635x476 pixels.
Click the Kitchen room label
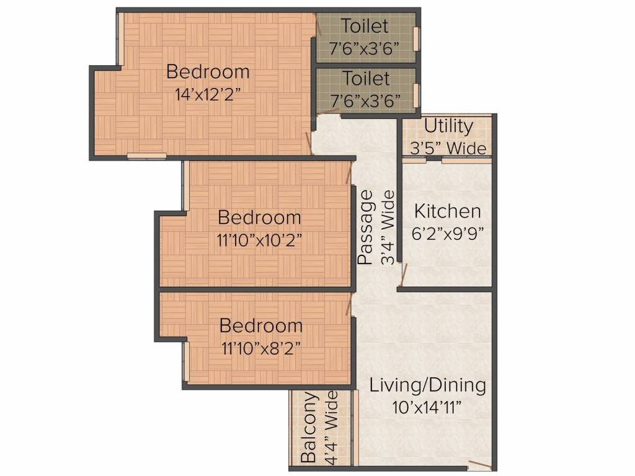pos(447,211)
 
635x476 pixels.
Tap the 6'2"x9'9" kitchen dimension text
pos(447,233)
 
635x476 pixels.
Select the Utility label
pos(448,126)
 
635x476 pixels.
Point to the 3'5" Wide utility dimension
pos(448,148)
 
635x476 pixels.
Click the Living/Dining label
pos(427,385)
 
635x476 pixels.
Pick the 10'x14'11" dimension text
pos(427,407)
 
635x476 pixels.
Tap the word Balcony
pos(308,428)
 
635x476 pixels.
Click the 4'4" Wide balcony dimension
pos(331,428)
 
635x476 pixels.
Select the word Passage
pos(367,228)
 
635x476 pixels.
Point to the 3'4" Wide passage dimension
pos(388,228)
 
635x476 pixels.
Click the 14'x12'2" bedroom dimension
pos(208,94)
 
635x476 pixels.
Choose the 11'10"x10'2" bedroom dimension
pos(259,240)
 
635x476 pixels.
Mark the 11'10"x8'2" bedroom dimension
pos(261,348)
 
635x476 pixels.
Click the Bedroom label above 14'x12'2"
pos(208,72)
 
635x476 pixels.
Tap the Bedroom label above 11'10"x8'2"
pos(261,325)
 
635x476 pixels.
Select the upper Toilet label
pos(366,26)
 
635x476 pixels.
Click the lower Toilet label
pos(366,79)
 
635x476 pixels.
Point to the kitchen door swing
pos(404,271)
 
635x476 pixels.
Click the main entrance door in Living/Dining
pos(479,465)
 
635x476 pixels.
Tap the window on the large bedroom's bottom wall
pos(147,156)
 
